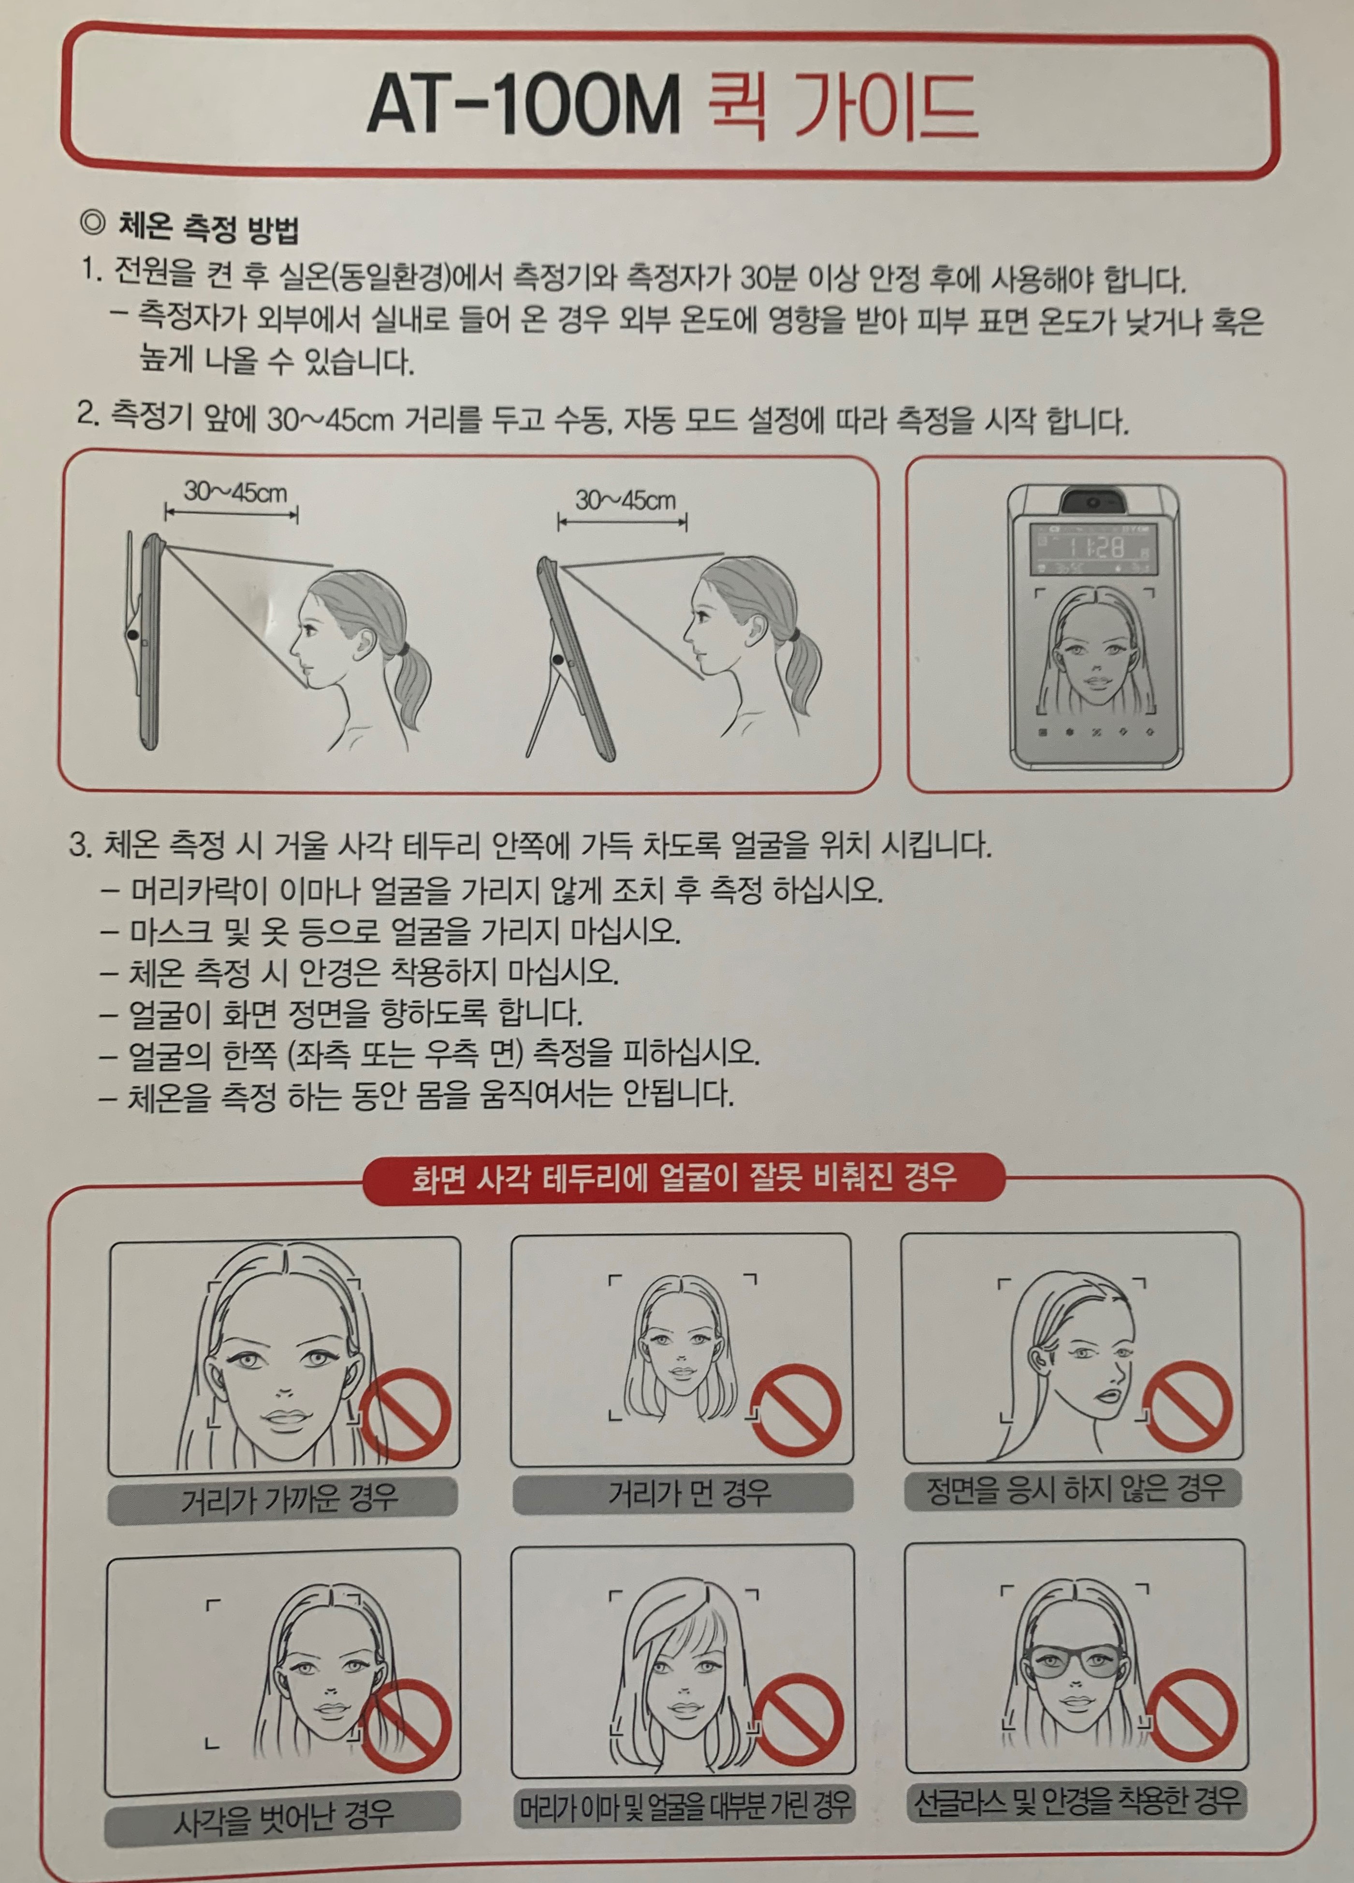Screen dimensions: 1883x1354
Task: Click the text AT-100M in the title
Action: (523, 105)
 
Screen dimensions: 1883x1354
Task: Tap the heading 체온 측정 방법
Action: (207, 228)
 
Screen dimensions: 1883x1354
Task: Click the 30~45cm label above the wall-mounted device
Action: (235, 492)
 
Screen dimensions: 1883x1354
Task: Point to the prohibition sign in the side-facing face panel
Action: (1185, 1406)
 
